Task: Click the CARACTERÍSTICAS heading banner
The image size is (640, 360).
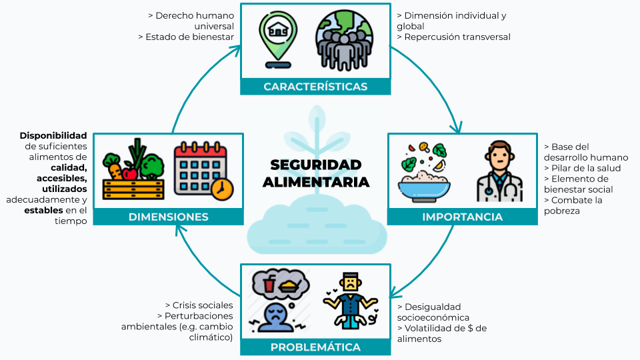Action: point(315,87)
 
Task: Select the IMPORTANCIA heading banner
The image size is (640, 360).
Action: point(462,217)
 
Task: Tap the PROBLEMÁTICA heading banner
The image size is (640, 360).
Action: point(315,347)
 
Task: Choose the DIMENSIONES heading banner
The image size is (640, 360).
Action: point(168,217)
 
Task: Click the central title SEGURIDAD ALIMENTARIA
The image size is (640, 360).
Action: point(316,173)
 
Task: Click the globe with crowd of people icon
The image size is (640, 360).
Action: point(343,39)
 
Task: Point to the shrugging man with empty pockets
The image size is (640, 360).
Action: point(349,301)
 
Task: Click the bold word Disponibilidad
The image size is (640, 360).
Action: point(53,135)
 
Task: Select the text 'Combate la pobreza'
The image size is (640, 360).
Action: point(573,205)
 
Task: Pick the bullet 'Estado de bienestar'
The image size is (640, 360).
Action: point(189,37)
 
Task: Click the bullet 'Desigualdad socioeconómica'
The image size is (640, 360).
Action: point(433,312)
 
